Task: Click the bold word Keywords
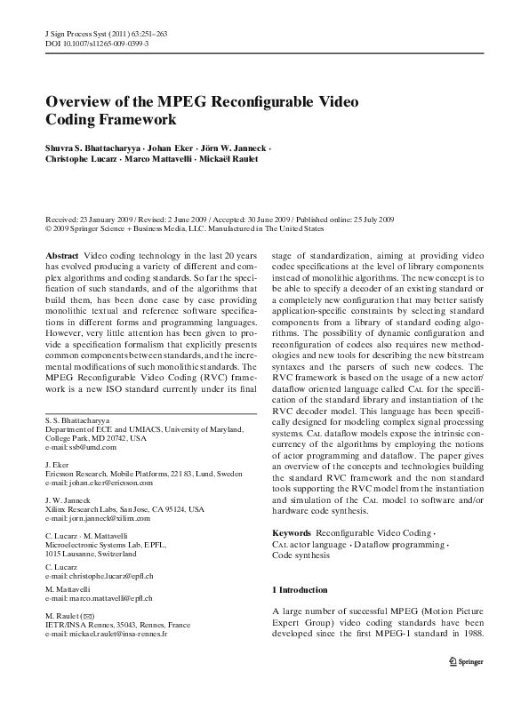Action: pyautogui.click(x=291, y=532)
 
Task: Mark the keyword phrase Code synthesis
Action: pyautogui.click(x=301, y=555)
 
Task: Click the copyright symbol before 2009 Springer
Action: pyautogui.click(x=48, y=228)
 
